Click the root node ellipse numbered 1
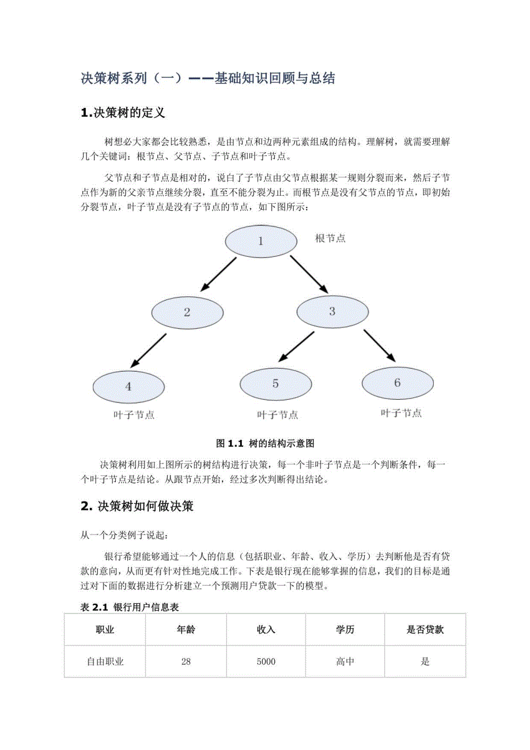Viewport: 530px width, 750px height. point(260,241)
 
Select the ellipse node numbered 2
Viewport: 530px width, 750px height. point(187,313)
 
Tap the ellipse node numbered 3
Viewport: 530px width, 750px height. point(332,312)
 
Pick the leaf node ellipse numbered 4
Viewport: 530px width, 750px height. point(128,386)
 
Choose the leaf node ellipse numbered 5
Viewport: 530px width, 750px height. point(275,384)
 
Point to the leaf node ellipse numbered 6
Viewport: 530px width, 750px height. point(397,382)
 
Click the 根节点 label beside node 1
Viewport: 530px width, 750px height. point(330,238)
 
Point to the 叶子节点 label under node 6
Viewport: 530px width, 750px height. point(401,413)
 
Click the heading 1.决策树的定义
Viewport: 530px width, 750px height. point(123,113)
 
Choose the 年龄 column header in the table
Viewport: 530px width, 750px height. point(185,630)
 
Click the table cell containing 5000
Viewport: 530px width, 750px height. point(266,662)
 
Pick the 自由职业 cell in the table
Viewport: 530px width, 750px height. point(105,662)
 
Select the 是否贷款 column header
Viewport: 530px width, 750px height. point(425,630)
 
